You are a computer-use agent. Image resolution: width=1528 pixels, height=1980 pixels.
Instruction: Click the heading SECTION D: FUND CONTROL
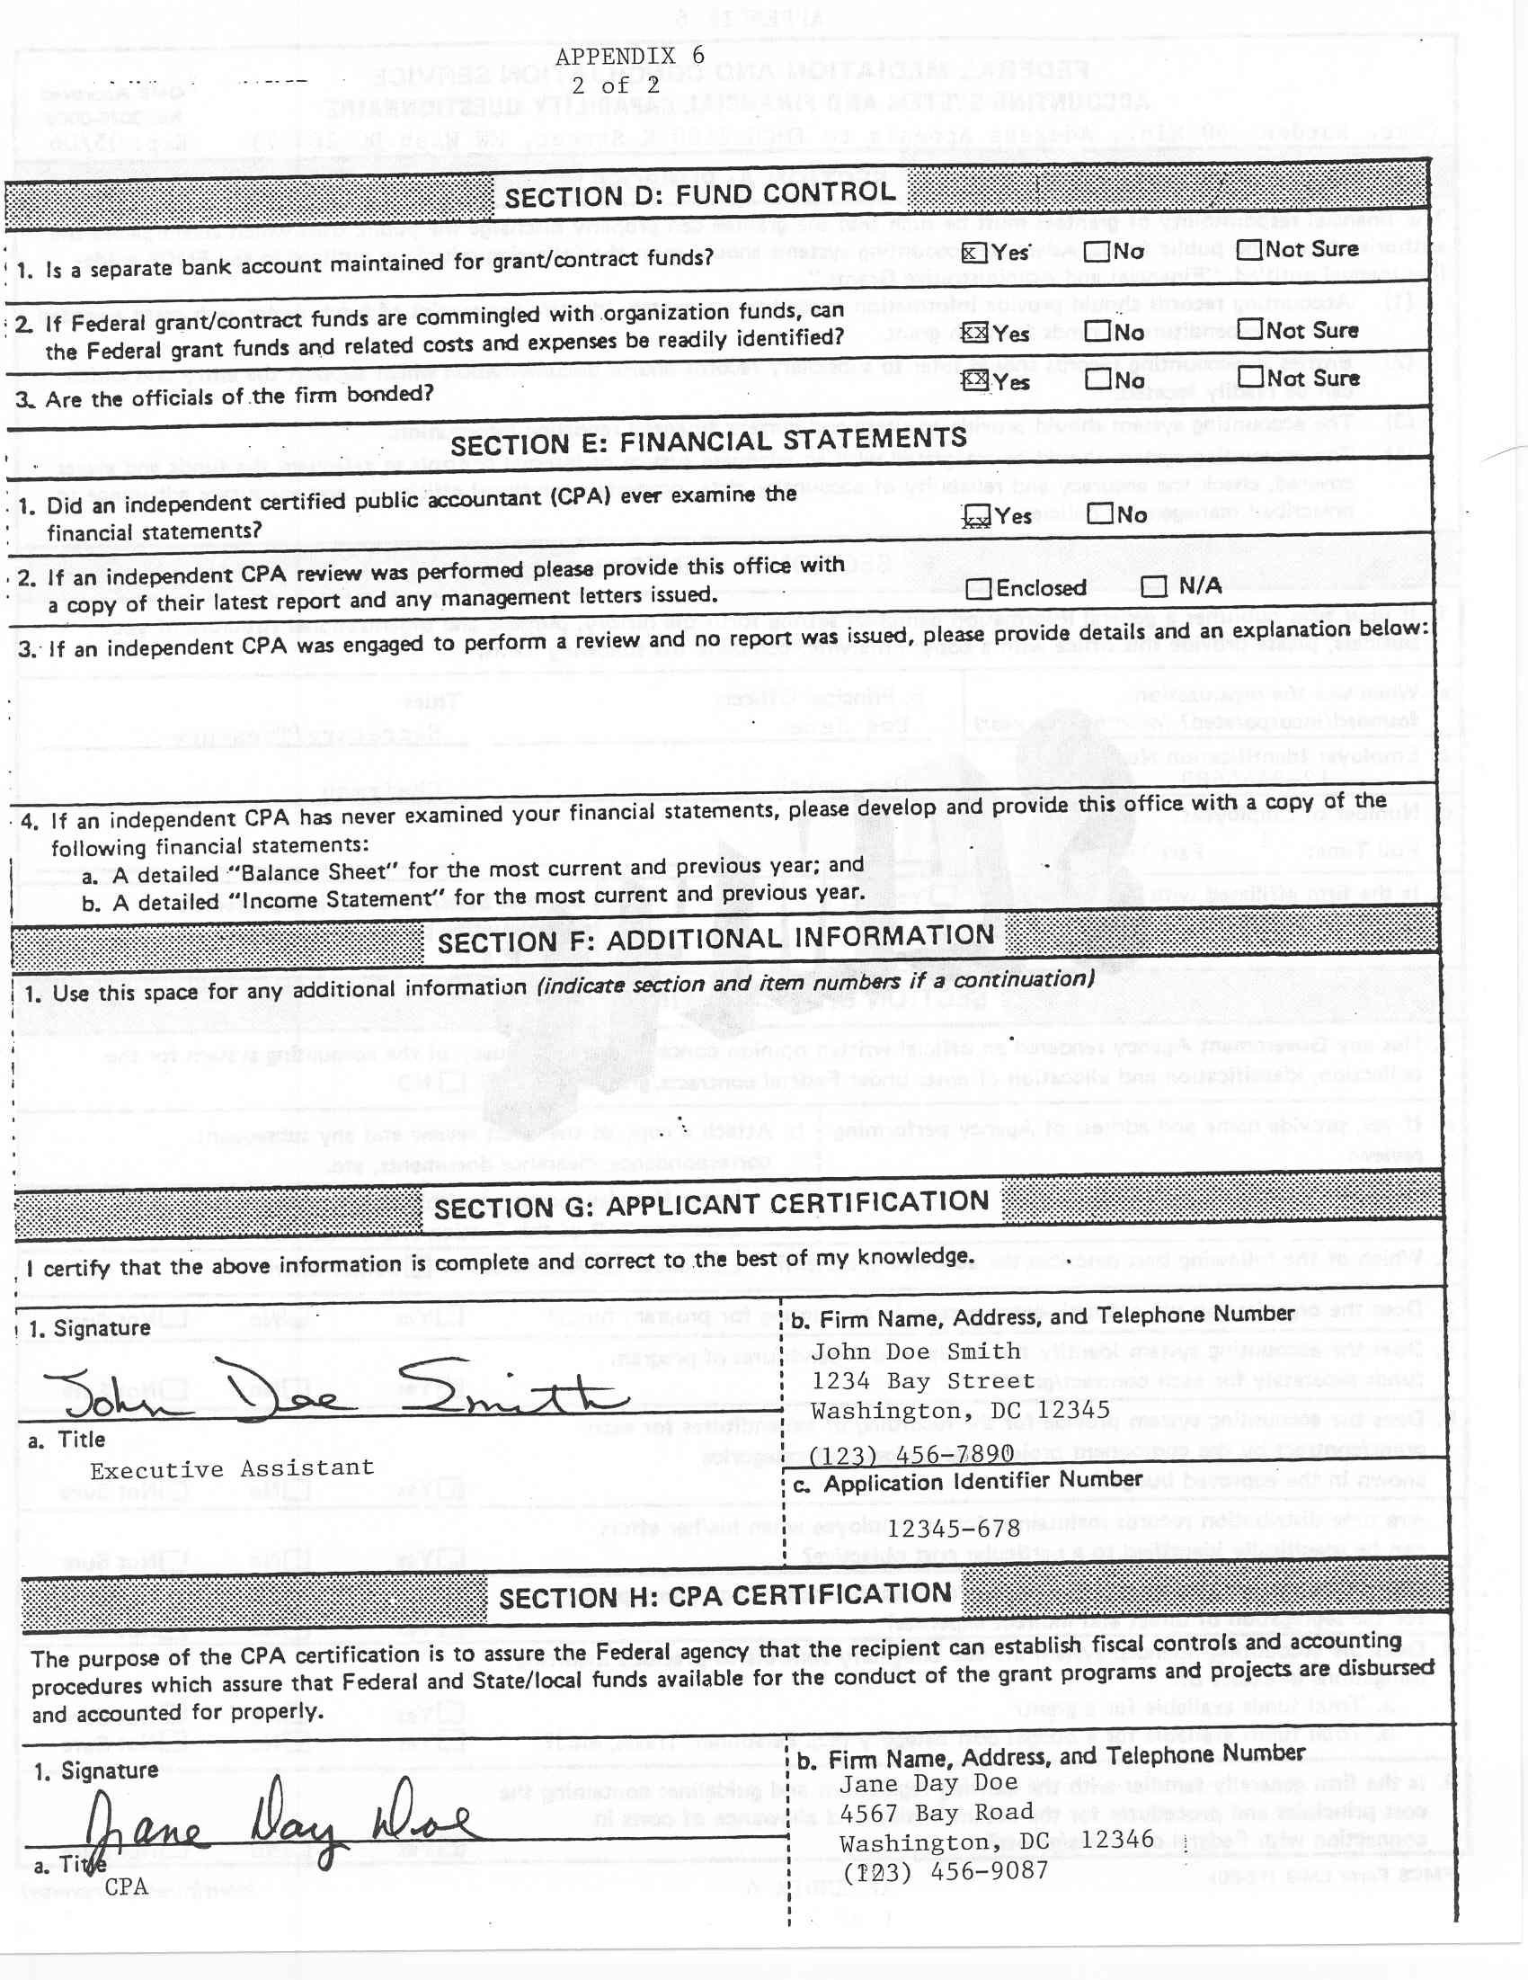click(x=699, y=194)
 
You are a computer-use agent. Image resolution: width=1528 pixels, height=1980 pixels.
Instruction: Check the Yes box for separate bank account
click(x=973, y=252)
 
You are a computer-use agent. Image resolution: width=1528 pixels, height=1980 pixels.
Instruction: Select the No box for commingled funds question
click(x=1097, y=332)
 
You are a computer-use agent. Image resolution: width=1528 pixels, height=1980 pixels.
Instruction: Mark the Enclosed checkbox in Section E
click(x=978, y=589)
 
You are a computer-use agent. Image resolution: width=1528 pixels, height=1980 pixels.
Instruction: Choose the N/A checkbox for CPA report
click(x=1154, y=586)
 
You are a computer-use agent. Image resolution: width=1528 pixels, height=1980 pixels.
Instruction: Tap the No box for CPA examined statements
click(x=1100, y=515)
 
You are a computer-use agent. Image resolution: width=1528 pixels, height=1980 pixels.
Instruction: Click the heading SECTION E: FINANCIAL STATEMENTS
click(x=707, y=442)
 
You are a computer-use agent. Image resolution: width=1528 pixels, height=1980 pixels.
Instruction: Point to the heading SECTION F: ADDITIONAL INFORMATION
click(x=716, y=940)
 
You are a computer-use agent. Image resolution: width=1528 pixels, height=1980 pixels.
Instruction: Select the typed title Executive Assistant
click(x=231, y=1468)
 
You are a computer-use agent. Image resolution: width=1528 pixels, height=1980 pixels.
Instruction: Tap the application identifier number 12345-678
click(x=954, y=1529)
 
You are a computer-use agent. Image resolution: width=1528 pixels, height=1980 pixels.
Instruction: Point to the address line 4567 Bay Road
click(x=937, y=1812)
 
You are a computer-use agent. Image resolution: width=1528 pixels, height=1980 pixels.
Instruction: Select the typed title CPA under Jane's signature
click(x=126, y=1886)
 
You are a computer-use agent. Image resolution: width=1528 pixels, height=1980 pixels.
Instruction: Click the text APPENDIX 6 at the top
click(x=630, y=57)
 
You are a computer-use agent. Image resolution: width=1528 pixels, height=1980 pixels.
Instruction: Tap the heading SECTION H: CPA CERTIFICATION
click(x=725, y=1599)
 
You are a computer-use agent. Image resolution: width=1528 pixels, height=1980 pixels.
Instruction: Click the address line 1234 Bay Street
click(x=921, y=1382)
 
